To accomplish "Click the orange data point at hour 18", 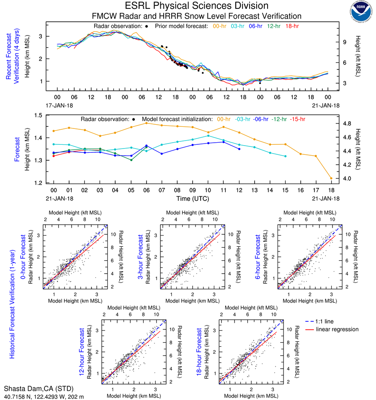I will point(331,178).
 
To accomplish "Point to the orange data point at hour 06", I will point(146,123).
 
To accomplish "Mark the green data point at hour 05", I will point(131,160).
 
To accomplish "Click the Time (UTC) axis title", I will point(192,198).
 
